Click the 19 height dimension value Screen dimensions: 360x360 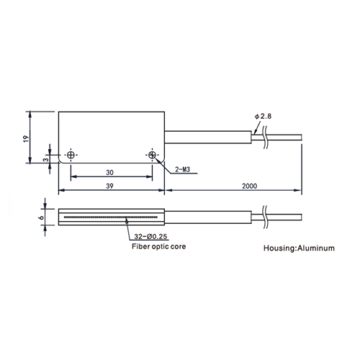(26, 139)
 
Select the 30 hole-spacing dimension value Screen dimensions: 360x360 (109, 172)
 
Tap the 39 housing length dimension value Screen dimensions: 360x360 (109, 186)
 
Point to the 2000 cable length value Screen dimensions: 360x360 (249, 186)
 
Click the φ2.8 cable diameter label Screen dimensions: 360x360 (263, 117)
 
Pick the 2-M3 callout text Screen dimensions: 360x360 (182, 169)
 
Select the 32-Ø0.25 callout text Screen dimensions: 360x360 (150, 236)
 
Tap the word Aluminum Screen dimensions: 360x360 (316, 248)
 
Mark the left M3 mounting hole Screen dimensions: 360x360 (71, 155)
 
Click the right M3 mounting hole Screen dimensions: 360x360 (152, 155)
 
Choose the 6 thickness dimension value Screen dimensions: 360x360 (41, 217)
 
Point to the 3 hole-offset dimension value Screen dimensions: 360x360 (46, 159)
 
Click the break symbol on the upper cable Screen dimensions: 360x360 (266, 138)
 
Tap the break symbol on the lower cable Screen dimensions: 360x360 (266, 217)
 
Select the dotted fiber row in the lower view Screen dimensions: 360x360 (111, 217)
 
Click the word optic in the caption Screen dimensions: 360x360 (158, 247)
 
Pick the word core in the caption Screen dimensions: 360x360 (178, 247)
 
